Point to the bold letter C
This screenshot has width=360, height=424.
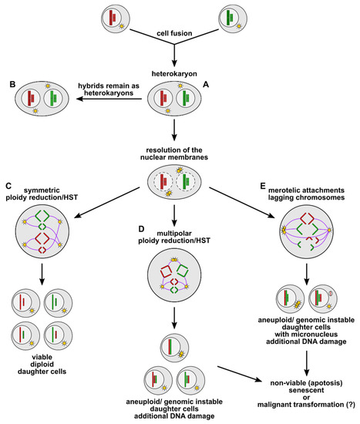pos(8,185)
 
